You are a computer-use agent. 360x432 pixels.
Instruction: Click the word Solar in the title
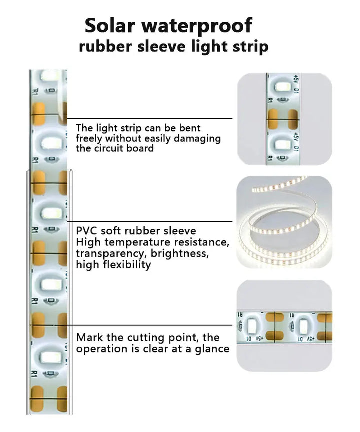[x=110, y=25]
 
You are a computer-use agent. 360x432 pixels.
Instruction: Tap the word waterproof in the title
[x=197, y=26]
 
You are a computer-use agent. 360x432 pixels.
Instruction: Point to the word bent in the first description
[x=190, y=128]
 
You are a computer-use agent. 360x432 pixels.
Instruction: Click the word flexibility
[x=127, y=265]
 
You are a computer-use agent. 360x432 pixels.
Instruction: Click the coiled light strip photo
[x=284, y=222]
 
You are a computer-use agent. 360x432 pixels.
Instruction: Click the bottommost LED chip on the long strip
[x=50, y=357]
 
